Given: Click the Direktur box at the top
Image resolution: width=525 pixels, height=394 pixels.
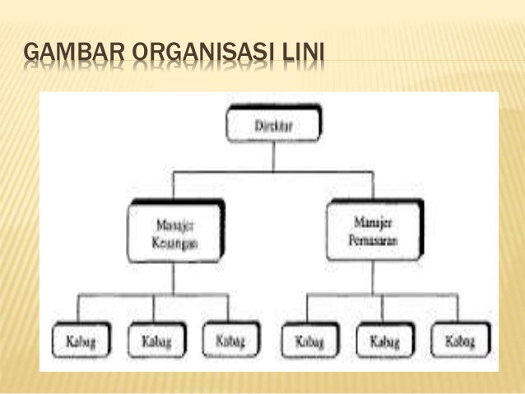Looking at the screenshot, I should click(x=273, y=126).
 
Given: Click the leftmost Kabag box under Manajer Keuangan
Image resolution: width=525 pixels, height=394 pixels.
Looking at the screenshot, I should click(x=80, y=341).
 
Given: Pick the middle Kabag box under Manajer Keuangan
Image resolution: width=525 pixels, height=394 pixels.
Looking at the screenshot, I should click(x=155, y=341).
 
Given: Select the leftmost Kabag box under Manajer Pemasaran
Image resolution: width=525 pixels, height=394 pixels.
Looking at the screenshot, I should click(x=309, y=340).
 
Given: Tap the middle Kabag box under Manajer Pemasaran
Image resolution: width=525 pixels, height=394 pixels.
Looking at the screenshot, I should click(x=384, y=340).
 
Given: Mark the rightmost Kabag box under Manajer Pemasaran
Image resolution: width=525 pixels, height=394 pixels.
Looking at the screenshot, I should click(x=459, y=340).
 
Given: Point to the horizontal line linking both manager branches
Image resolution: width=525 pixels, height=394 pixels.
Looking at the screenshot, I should click(x=273, y=172).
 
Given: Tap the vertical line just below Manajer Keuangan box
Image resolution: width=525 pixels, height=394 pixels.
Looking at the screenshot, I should click(x=173, y=277).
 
